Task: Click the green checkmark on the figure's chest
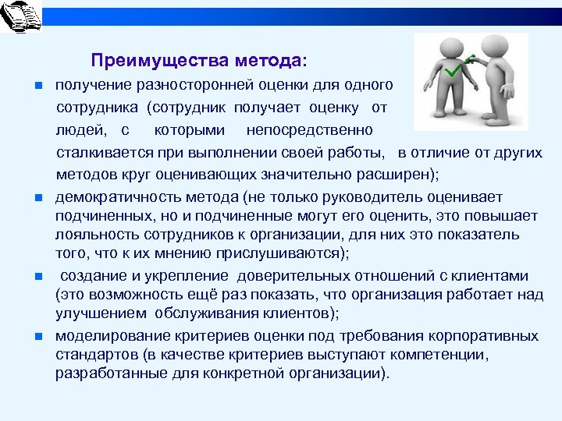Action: [454, 71]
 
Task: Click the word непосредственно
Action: [309, 129]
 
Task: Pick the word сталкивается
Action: [102, 151]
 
